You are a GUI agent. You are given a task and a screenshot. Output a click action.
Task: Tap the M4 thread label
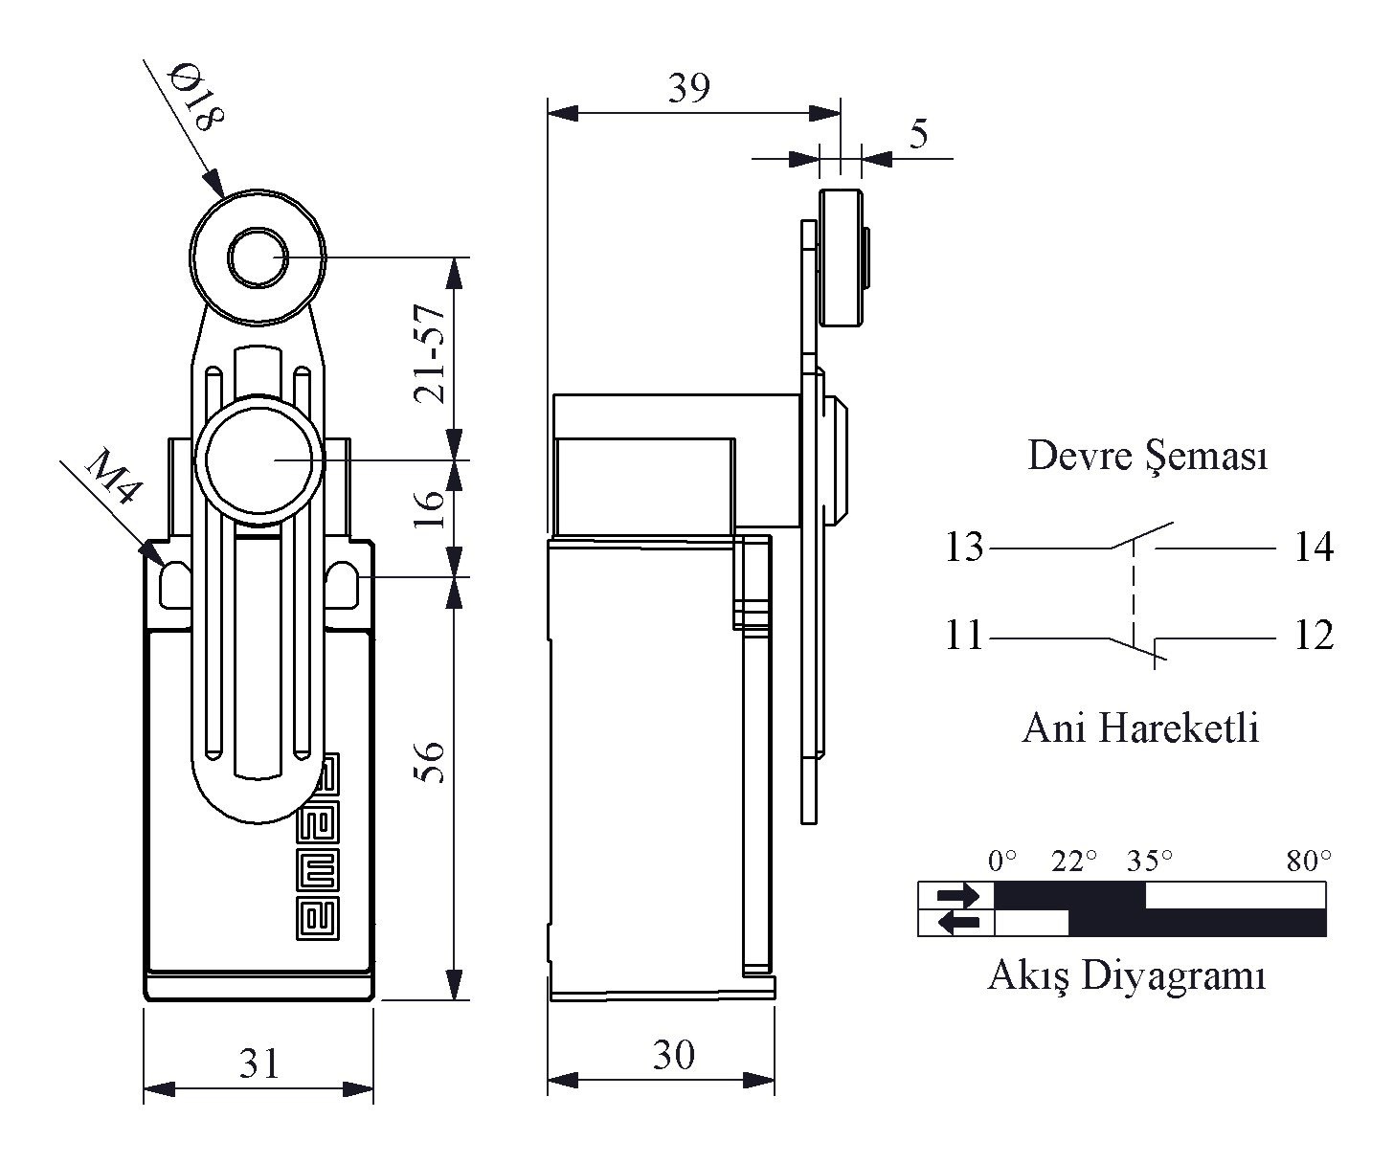pos(113,477)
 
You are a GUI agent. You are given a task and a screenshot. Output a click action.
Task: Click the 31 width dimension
pos(258,1063)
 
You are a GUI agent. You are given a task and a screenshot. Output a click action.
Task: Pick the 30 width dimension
pos(674,1055)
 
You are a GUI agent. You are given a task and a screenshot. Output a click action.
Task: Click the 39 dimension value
pos(689,87)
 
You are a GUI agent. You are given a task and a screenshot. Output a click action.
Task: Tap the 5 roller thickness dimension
pos(919,134)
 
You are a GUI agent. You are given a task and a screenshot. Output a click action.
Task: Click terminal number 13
pos(965,547)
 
